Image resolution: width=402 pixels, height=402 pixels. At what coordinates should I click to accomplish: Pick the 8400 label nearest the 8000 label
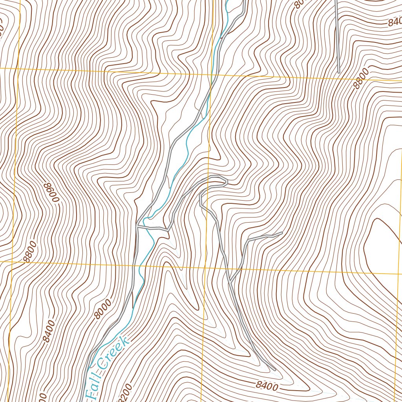click(49, 331)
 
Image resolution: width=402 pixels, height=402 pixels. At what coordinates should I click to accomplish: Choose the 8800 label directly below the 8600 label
click(30, 252)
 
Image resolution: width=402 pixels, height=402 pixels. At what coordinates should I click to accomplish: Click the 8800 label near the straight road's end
click(362, 79)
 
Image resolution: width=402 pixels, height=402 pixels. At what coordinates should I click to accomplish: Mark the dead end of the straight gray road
click(338, 72)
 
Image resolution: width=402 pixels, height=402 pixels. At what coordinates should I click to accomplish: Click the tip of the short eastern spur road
click(282, 233)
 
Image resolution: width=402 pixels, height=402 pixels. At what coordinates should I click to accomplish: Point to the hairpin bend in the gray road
click(226, 181)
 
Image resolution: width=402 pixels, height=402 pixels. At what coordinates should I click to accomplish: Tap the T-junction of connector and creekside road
click(137, 227)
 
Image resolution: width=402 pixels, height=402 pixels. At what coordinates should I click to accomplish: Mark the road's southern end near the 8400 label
click(274, 369)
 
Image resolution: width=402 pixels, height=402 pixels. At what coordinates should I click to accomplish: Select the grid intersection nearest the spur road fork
click(205, 268)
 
